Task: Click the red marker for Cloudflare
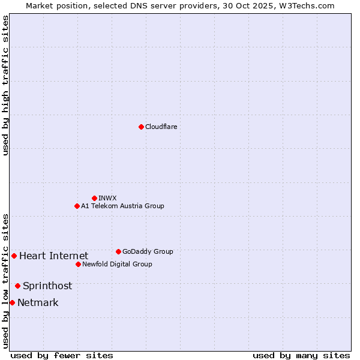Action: point(141,127)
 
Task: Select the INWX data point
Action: point(94,198)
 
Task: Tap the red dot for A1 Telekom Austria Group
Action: point(77,206)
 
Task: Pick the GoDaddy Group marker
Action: point(118,251)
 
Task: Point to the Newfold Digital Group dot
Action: point(78,264)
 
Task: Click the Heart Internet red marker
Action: point(14,256)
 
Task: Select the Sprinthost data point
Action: point(17,286)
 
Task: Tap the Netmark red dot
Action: point(12,302)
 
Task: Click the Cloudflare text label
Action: point(161,127)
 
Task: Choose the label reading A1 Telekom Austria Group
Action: point(122,206)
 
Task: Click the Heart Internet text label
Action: point(54,256)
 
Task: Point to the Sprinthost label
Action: point(47,286)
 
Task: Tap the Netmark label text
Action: point(38,303)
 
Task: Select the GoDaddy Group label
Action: point(148,251)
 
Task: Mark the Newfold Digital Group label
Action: point(117,264)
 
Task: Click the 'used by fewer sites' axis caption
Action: point(62,355)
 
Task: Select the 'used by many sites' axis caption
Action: point(301,355)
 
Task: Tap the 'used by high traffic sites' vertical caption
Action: point(5,85)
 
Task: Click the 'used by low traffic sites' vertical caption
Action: point(5,280)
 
